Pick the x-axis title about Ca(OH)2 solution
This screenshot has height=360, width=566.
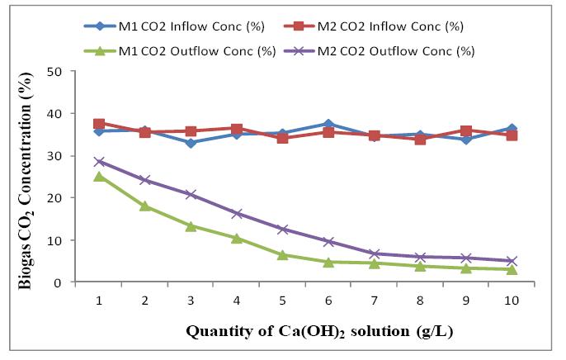[318, 332]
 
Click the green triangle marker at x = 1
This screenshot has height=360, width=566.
[99, 177]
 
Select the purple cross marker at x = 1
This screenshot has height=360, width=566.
[99, 162]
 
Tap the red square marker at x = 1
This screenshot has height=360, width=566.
[99, 124]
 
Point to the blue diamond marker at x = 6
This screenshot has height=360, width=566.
[328, 124]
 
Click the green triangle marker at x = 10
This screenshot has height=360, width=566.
[511, 270]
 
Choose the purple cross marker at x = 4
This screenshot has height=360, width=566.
[236, 214]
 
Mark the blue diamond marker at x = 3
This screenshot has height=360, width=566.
[191, 143]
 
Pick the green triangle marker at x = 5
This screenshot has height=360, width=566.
[282, 255]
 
